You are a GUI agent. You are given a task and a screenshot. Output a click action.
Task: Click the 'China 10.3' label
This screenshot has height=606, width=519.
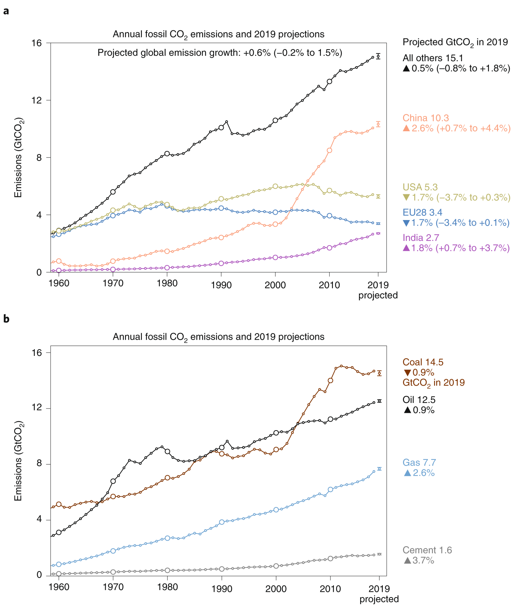[426, 118]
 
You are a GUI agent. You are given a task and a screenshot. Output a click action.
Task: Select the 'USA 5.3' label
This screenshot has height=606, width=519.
[420, 187]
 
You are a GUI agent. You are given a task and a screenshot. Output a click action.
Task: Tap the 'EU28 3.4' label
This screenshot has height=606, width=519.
[422, 212]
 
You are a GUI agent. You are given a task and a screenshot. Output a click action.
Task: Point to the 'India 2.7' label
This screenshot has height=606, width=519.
[421, 238]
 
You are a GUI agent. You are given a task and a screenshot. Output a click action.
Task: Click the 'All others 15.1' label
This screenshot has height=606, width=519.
[433, 58]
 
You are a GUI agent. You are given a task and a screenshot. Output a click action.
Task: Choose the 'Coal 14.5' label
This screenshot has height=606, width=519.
[423, 362]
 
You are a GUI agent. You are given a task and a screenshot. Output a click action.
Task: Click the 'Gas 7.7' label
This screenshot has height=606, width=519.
[419, 463]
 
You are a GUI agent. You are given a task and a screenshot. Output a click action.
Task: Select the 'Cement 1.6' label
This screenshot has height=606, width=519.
[427, 550]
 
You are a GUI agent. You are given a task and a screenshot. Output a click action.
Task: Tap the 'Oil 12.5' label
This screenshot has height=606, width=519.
[419, 400]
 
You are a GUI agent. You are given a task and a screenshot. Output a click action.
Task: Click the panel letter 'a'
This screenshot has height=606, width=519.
[6, 11]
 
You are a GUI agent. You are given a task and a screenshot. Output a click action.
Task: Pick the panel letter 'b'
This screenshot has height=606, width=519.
[6, 319]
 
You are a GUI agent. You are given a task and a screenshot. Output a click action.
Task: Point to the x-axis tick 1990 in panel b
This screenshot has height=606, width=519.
[222, 589]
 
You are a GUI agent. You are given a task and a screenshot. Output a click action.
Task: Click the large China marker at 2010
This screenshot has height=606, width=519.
[329, 150]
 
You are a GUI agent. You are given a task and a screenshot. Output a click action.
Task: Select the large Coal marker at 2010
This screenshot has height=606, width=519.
[330, 381]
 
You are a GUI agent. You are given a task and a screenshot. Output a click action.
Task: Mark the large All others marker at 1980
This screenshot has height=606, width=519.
[167, 154]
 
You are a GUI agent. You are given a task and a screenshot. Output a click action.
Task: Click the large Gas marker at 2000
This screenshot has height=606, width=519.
[276, 510]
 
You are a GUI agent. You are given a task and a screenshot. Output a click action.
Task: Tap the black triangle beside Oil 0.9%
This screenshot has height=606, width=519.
[407, 410]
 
